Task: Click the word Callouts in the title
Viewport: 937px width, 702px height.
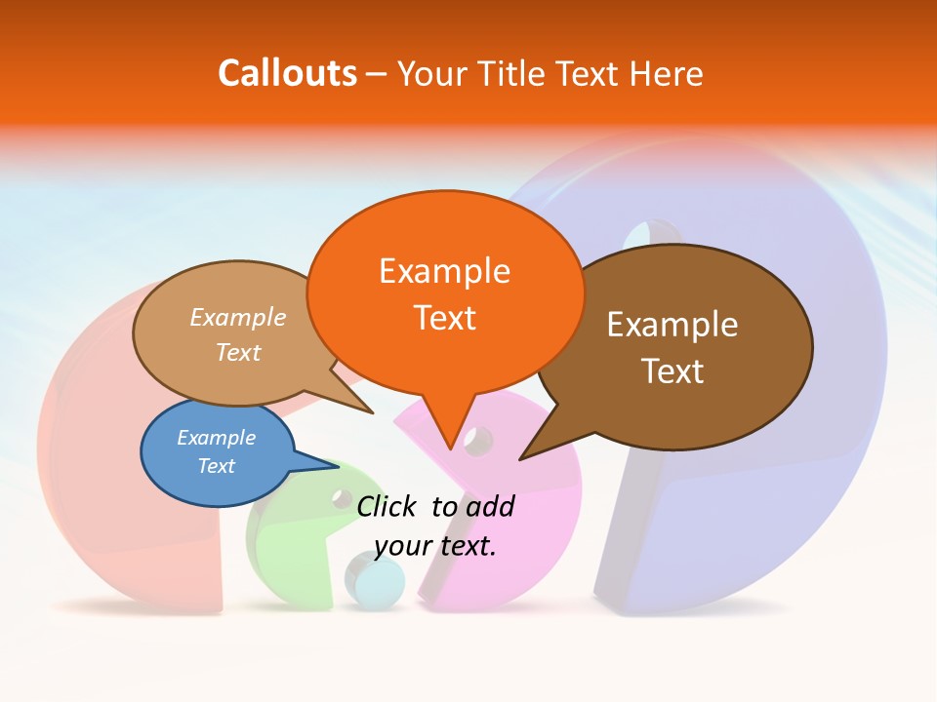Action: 287,73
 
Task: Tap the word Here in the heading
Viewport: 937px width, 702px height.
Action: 668,74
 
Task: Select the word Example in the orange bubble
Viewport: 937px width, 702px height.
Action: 444,271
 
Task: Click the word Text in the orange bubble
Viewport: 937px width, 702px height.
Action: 444,318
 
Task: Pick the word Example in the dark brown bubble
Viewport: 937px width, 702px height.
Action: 672,325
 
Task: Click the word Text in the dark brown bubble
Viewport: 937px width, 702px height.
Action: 672,371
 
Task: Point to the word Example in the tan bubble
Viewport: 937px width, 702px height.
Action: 237,318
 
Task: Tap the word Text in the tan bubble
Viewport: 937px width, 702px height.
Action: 237,353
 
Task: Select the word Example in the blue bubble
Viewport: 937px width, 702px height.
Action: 216,438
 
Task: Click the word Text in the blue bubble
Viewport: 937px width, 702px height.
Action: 216,466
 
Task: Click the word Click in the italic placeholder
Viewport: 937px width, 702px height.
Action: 389,506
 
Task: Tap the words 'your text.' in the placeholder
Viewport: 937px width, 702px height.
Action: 435,546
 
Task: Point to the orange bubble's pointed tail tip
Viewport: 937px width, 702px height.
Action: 450,448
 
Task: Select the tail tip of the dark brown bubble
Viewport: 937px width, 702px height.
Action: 521,457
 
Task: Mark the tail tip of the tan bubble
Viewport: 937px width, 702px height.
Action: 372,412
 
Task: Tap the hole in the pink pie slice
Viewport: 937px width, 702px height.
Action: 478,441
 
